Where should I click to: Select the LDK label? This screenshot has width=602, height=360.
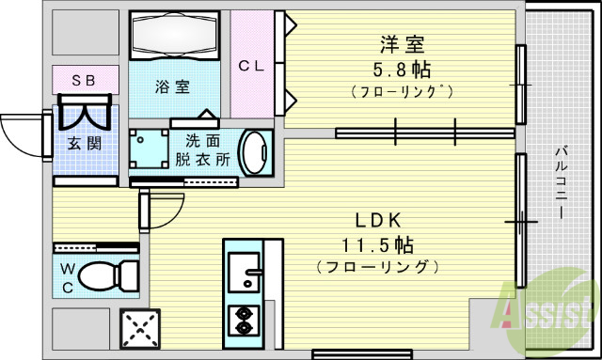[x=377, y=220]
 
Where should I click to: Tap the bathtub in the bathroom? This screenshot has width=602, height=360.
[x=173, y=37]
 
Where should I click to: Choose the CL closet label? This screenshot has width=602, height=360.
[x=250, y=66]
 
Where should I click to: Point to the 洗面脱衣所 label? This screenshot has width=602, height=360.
[x=203, y=149]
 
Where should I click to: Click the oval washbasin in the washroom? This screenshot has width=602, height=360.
[x=254, y=152]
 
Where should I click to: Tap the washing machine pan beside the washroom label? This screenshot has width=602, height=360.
[x=149, y=149]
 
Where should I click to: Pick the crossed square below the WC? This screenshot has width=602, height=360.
[x=141, y=329]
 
